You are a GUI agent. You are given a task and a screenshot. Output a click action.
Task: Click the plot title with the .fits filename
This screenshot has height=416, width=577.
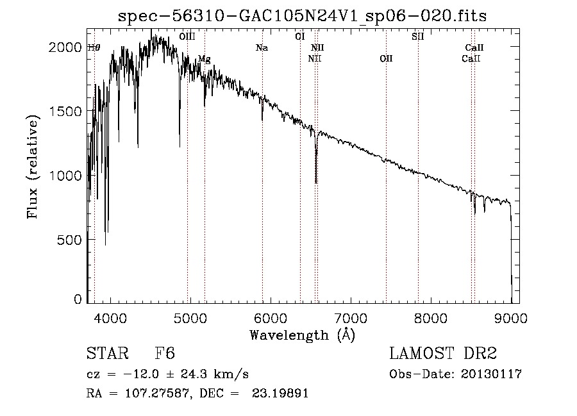coord(302,16)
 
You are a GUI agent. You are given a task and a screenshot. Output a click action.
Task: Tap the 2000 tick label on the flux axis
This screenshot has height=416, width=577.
coord(65,47)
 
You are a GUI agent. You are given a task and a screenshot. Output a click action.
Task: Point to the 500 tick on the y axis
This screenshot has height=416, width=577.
coord(69,240)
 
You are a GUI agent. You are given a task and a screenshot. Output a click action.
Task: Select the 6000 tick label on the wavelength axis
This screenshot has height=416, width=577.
coord(271,319)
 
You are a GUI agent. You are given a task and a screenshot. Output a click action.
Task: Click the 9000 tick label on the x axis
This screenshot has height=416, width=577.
coord(511,319)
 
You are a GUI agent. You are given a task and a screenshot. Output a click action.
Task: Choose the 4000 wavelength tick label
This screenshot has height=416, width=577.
coord(110,319)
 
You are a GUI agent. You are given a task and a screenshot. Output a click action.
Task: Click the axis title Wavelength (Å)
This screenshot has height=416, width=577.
coord(303,335)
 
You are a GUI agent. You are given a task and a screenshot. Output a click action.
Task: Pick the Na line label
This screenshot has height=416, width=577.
coord(262,48)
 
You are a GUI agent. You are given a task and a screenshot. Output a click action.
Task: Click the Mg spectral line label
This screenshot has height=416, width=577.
coord(205,59)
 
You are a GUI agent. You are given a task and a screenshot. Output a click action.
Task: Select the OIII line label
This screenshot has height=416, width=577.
coord(187,37)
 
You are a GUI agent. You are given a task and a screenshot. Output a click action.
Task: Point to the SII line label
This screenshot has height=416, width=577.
coord(417,37)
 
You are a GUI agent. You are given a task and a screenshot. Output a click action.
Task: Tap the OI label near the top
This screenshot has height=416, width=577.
coord(300,37)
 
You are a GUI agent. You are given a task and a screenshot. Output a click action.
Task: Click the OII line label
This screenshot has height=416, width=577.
coord(386,58)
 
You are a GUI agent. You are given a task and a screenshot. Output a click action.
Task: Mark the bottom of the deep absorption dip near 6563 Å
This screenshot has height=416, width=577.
coord(315,183)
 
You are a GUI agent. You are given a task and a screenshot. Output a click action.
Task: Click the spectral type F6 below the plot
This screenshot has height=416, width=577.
coord(165,353)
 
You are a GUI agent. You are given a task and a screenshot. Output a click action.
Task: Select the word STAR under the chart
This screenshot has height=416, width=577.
coord(108,353)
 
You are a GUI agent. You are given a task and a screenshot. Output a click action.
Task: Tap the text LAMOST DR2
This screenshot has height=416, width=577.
coord(443,353)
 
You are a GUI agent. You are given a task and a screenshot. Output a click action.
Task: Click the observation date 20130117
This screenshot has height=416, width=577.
coord(491,374)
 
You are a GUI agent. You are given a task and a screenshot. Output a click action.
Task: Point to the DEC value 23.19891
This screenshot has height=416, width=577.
coord(280,393)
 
